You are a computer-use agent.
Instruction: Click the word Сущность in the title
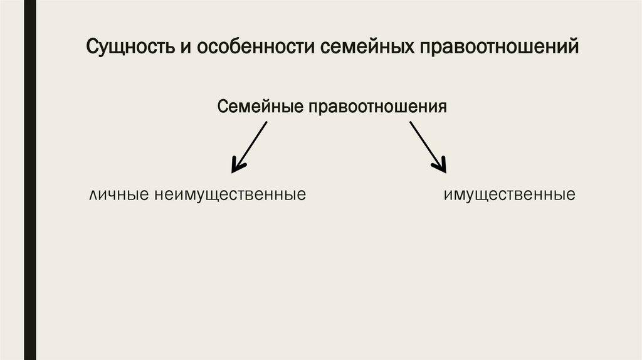click(129, 48)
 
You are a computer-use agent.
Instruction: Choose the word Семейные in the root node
click(259, 106)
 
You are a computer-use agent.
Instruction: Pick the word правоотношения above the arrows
click(377, 106)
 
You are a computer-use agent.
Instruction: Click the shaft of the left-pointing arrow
click(251, 144)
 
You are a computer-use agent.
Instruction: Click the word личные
click(117, 195)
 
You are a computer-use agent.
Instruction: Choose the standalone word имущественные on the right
click(509, 195)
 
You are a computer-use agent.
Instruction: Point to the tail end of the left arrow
click(266, 123)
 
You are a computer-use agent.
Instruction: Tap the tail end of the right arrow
click(411, 123)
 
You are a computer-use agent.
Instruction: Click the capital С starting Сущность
click(92, 48)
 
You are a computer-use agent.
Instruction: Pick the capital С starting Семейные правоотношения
click(222, 106)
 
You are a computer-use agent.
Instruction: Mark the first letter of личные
click(93, 195)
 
